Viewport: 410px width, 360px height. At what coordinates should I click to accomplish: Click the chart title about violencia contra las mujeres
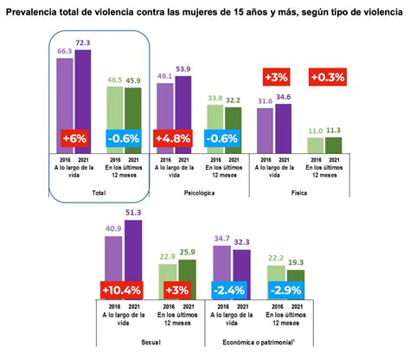204,11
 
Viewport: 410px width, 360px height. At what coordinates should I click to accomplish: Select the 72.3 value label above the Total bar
83,42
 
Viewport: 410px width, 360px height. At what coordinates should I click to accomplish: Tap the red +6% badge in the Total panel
73,138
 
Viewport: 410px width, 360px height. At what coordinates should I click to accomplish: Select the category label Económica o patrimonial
255,343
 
